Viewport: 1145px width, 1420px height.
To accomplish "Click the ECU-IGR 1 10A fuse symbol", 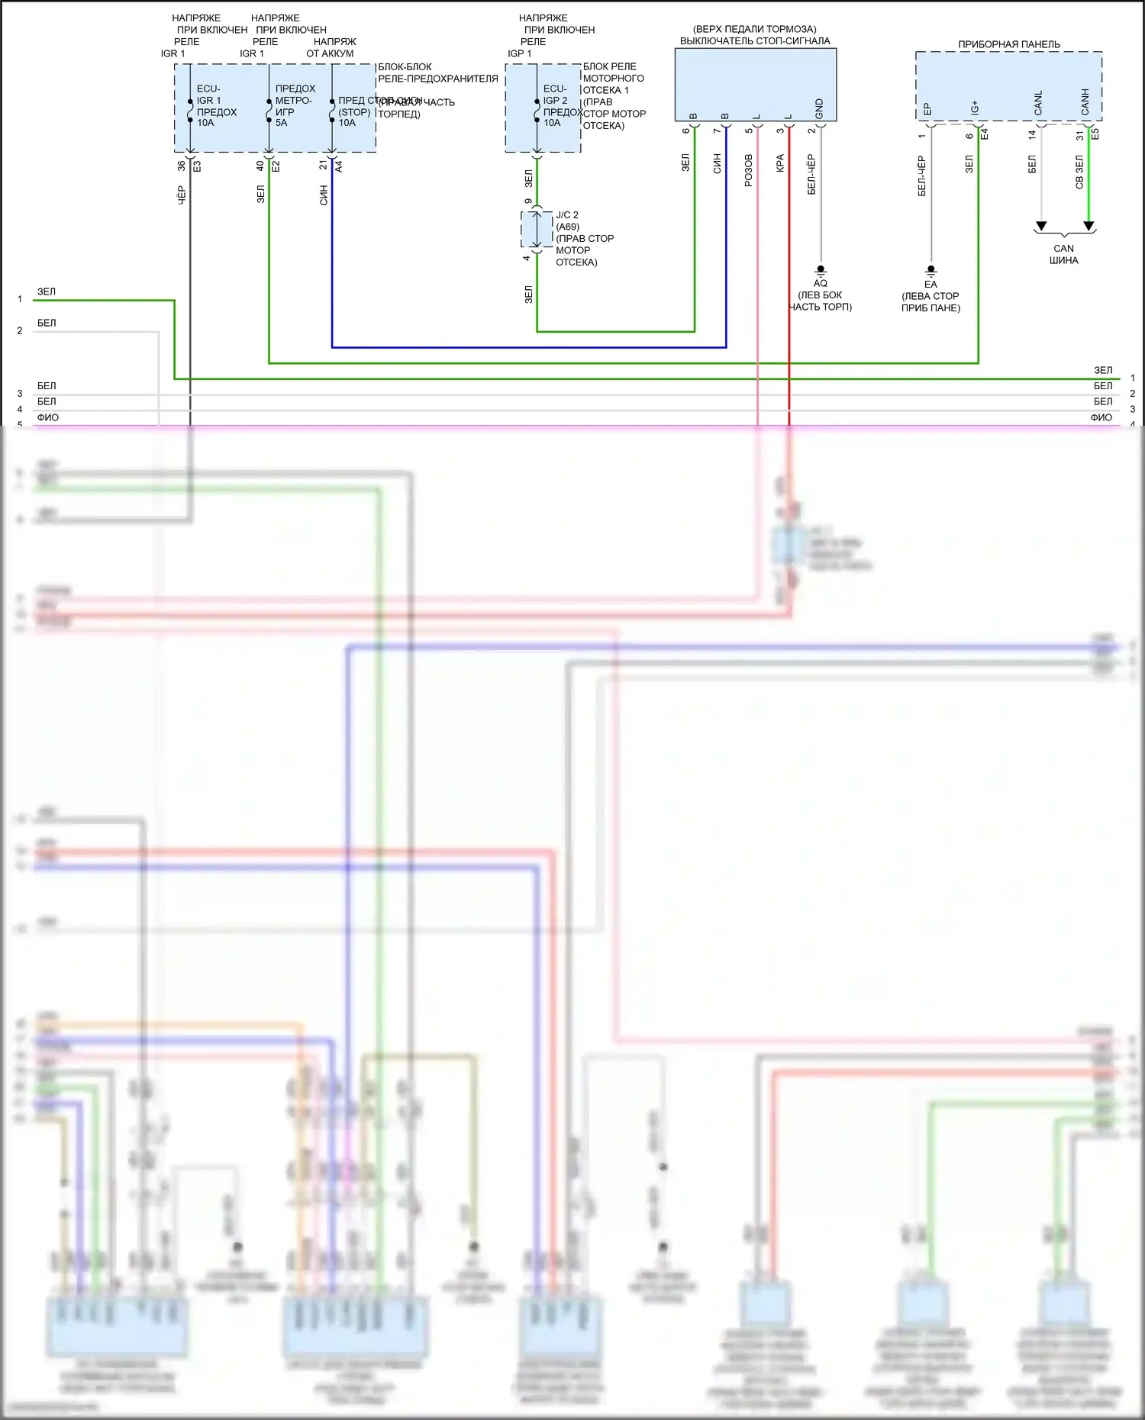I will pos(189,111).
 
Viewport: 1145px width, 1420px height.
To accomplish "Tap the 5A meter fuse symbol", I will pos(269,111).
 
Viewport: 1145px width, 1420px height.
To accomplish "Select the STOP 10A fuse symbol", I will pos(332,111).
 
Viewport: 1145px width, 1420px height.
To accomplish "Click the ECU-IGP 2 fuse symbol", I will pos(537,111).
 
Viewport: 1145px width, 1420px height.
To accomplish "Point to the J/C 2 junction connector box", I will pos(537,229).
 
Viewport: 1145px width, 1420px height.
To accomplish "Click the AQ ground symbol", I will pos(821,270).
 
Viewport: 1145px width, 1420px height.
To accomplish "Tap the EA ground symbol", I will pos(931,271).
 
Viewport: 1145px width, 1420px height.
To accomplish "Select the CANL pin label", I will pos(1038,103).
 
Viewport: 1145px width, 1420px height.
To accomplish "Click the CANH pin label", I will pos(1085,101).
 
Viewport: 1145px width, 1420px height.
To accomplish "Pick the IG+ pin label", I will pos(975,108).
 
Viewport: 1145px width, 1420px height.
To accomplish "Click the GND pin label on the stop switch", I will pos(819,108).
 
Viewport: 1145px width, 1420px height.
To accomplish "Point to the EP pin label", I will pos(927,109).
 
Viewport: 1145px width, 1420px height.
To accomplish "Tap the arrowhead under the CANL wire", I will pos(1041,226).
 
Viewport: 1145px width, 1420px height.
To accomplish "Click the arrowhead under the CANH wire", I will pos(1089,226).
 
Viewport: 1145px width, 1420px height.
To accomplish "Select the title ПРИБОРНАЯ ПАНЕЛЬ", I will pos(1008,44).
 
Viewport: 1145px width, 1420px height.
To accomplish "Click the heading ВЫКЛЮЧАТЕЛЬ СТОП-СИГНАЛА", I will pos(755,41).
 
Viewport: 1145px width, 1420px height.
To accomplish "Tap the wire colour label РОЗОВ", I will pos(748,170).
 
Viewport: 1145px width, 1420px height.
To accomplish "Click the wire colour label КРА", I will pos(780,163).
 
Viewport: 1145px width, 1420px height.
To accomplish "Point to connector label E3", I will pos(196,166).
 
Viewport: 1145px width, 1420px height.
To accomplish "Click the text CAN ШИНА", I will pos(1063,254).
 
